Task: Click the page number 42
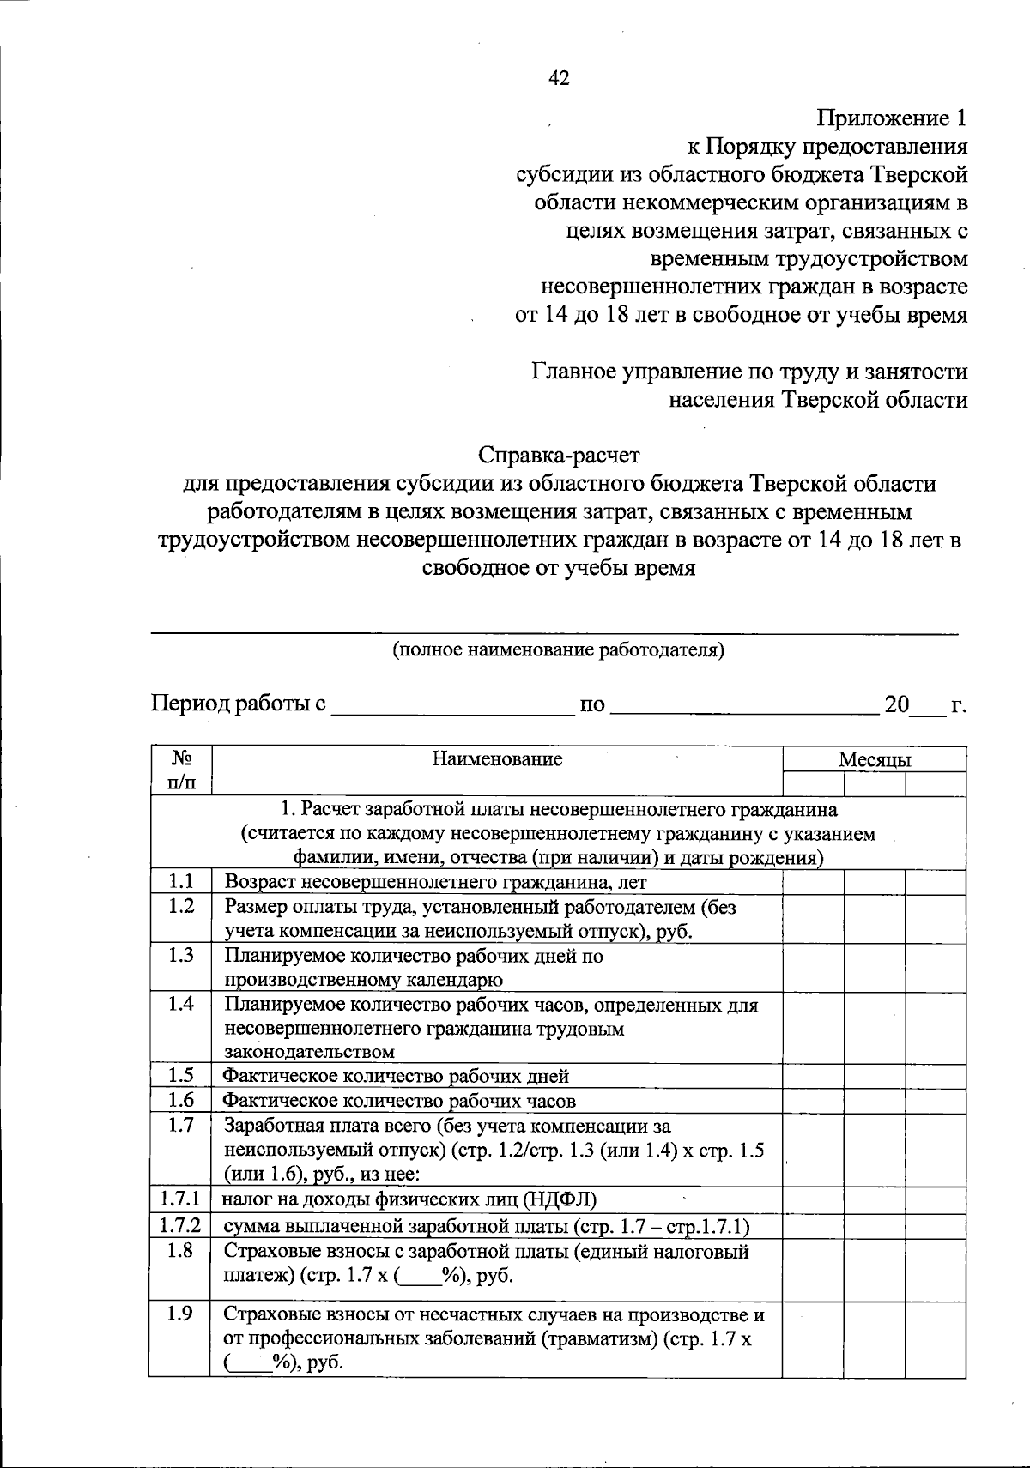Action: (559, 79)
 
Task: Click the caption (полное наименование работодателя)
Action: (559, 649)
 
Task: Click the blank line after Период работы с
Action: (452, 707)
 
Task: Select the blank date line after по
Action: (745, 707)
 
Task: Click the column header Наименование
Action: (497, 758)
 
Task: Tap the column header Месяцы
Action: (875, 759)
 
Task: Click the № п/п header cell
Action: (180, 770)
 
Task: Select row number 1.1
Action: (180, 880)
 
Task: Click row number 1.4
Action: (180, 1003)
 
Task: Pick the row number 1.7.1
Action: (179, 1199)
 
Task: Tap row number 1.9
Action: (180, 1314)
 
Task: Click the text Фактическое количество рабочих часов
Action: (399, 1100)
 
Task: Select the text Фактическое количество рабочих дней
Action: (396, 1076)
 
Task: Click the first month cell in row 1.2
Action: (813, 918)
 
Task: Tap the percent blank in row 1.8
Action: (419, 1276)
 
